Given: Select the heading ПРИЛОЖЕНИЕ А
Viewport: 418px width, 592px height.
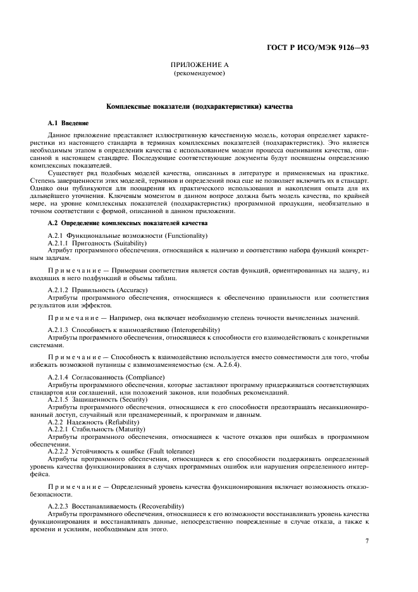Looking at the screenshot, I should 199,65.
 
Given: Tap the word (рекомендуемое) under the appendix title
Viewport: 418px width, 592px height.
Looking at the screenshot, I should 199,73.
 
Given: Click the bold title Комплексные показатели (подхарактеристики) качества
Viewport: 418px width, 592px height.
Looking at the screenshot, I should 199,108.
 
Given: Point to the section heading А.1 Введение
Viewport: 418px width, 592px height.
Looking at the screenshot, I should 68,121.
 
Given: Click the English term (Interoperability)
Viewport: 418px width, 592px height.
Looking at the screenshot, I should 183,330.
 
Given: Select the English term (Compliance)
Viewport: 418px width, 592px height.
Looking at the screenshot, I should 142,377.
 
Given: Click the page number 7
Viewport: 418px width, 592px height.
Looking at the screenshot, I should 367,540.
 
